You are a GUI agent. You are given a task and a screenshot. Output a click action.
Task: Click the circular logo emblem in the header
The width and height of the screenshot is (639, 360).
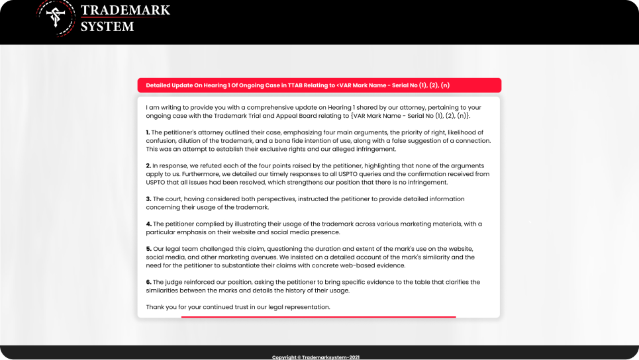(x=55, y=18)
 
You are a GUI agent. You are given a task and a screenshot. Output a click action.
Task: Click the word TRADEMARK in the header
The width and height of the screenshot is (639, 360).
(x=125, y=11)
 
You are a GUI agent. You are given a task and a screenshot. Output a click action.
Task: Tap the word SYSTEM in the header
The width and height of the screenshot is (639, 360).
(x=107, y=26)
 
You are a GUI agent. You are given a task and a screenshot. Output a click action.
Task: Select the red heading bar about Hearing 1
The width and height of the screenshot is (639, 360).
(x=319, y=85)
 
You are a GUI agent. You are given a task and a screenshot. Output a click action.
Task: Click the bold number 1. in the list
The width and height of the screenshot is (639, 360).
(x=148, y=132)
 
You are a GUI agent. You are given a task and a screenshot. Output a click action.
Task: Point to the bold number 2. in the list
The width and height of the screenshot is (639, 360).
(x=148, y=165)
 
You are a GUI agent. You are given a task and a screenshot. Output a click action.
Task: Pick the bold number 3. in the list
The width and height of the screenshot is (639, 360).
(x=148, y=199)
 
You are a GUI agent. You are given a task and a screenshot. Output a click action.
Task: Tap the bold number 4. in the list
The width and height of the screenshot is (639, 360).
(x=148, y=224)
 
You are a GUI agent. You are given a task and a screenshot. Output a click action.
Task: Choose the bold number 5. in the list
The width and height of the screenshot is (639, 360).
(x=148, y=249)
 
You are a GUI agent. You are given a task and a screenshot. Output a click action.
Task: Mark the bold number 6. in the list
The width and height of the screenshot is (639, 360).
(x=148, y=282)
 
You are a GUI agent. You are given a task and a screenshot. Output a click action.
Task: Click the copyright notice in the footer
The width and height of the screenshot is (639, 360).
(x=319, y=357)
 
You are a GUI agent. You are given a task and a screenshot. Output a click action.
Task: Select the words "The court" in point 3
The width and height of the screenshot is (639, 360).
(x=167, y=199)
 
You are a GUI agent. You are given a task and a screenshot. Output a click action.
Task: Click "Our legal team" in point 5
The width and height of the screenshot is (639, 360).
(x=176, y=249)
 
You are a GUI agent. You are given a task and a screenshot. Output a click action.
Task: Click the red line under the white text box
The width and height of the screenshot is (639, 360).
(x=319, y=317)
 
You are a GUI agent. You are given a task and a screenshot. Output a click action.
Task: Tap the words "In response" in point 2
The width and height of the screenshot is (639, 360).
(x=168, y=165)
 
